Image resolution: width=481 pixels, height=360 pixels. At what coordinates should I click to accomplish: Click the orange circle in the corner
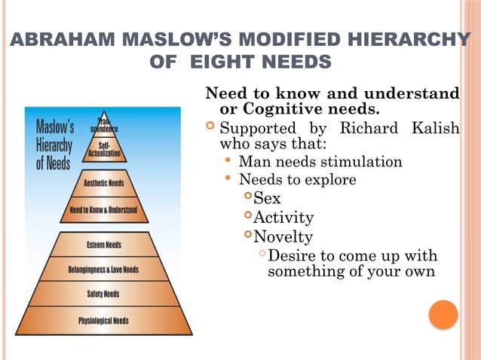click(443, 314)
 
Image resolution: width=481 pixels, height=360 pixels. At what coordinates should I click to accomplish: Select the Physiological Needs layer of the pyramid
click(104, 321)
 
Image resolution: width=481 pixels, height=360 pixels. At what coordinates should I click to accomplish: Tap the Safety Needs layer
click(104, 294)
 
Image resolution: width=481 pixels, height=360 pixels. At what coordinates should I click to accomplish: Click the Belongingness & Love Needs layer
click(104, 270)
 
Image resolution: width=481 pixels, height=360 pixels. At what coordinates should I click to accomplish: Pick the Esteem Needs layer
click(104, 245)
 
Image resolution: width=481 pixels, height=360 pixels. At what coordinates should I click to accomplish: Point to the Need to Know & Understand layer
click(103, 210)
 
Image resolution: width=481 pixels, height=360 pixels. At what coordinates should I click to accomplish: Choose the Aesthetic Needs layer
click(104, 183)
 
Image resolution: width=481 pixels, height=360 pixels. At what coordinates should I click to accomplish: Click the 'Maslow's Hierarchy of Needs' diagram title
click(54, 142)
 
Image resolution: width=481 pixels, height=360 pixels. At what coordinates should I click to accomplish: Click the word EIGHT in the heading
click(223, 61)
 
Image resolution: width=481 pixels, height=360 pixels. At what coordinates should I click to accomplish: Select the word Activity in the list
click(283, 218)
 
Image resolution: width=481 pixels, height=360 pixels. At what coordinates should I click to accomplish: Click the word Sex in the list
click(267, 200)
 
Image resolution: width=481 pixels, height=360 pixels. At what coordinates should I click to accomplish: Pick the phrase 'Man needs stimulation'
click(320, 162)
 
